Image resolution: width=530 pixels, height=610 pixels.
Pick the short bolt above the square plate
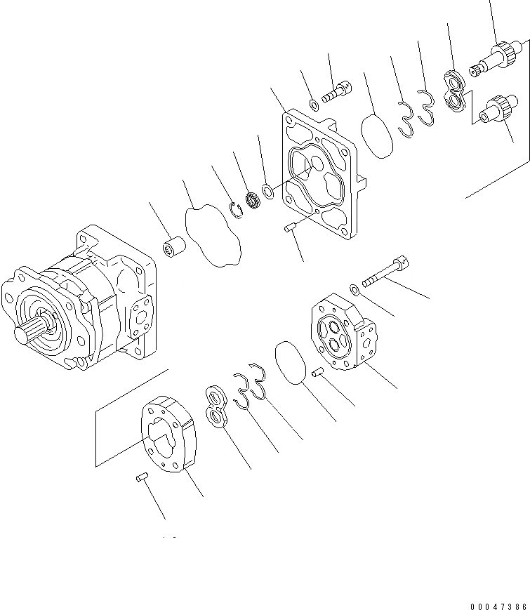tap(336, 91)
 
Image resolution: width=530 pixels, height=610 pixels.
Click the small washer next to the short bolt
tap(314, 106)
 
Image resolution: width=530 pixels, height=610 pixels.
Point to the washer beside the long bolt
tap(357, 288)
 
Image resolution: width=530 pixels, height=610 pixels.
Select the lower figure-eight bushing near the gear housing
tap(218, 405)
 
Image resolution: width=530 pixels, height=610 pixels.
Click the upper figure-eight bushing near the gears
tap(454, 92)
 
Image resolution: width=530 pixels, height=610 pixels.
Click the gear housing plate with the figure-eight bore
tap(171, 433)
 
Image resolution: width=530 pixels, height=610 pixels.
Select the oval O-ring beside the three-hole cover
tap(289, 362)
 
